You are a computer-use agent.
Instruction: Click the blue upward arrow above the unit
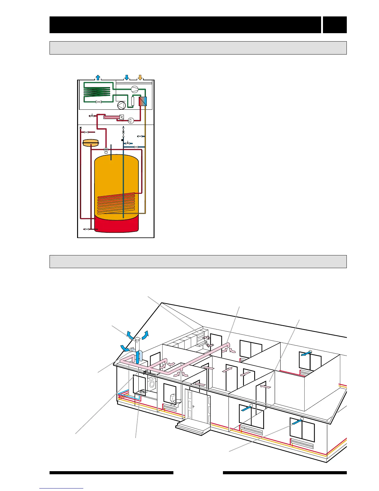pyautogui.click(x=98, y=77)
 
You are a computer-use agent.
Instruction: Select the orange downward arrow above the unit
pyautogui.click(x=140, y=77)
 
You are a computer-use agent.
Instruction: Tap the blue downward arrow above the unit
pyautogui.click(x=126, y=77)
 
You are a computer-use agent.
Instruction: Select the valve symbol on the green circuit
pyautogui.click(x=98, y=102)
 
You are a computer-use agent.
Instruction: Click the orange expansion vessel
pyautogui.click(x=90, y=143)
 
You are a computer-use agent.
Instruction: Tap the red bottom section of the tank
pyautogui.click(x=116, y=224)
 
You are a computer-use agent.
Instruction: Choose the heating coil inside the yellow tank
pyautogui.click(x=116, y=203)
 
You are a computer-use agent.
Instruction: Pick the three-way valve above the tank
pyautogui.click(x=106, y=150)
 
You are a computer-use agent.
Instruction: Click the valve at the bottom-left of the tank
pyautogui.click(x=86, y=229)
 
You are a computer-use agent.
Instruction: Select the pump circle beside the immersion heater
pyautogui.click(x=131, y=120)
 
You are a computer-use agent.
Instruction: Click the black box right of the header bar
pyautogui.click(x=335, y=25)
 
